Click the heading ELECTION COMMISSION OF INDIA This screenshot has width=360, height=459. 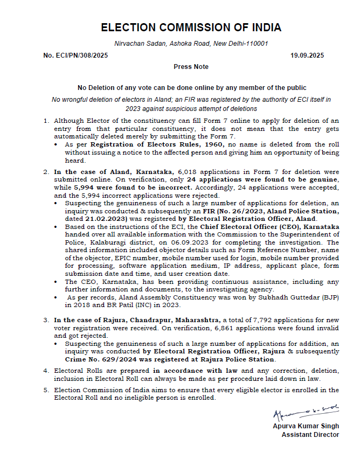[191, 27]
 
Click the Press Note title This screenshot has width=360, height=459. [191, 67]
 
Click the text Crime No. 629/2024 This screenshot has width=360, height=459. [100, 359]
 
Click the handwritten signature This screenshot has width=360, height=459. [305, 414]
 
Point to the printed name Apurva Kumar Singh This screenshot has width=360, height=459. [306, 427]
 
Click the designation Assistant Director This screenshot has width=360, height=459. [310, 434]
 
